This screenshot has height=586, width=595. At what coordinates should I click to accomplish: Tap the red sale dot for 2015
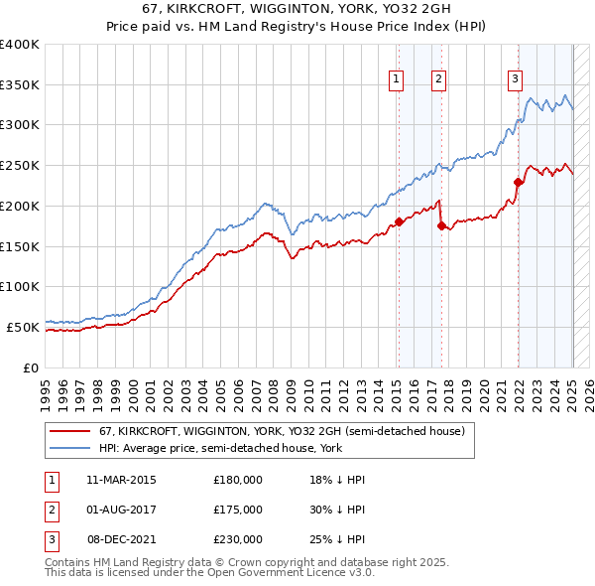pos(399,221)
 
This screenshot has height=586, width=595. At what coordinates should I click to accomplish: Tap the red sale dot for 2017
pos(440,225)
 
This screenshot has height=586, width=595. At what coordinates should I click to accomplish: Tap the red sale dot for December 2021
pos(518,182)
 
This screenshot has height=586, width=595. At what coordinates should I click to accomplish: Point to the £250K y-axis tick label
pos(20,165)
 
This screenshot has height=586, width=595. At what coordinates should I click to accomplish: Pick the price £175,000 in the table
pos(238,510)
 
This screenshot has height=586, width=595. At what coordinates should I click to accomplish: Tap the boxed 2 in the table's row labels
pos(50,510)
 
